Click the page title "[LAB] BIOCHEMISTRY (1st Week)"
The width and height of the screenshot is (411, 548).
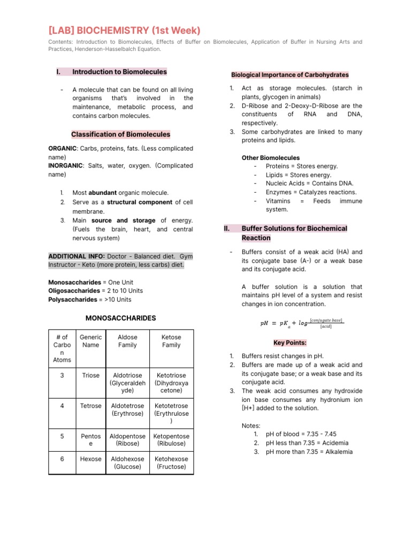click(124, 31)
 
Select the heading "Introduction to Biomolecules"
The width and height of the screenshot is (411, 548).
click(119, 72)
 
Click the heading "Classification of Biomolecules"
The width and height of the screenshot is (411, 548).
click(120, 134)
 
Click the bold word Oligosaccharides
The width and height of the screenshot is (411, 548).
click(74, 291)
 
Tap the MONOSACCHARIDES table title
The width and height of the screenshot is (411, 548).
click(120, 318)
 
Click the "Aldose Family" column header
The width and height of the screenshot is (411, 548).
click(127, 341)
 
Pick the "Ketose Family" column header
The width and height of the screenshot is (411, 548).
click(171, 341)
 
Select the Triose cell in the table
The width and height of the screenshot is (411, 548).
click(90, 376)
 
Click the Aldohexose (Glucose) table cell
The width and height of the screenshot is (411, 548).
click(127, 463)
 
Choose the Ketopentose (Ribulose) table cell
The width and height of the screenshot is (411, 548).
click(171, 440)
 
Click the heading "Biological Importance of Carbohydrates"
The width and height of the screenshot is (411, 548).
click(290, 75)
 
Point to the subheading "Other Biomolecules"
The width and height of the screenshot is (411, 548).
click(271, 158)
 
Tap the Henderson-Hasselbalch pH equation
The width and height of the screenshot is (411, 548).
click(301, 323)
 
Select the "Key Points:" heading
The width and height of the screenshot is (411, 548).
click(290, 342)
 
